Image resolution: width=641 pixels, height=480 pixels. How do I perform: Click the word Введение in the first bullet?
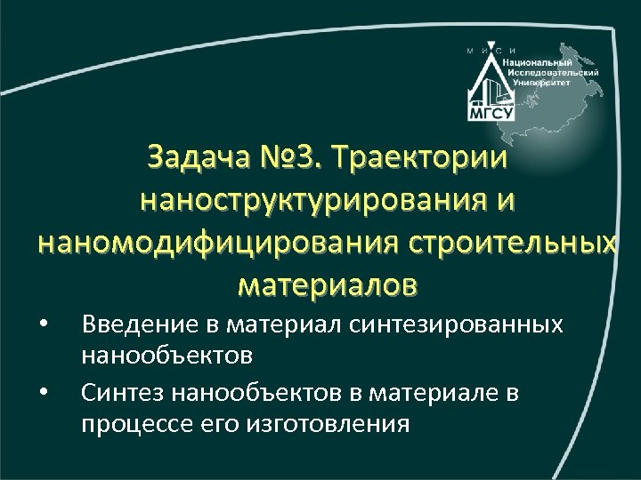(x=126, y=325)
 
